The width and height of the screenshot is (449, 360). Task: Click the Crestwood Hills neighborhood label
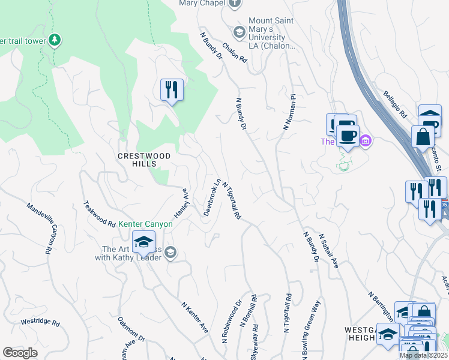[x=143, y=160]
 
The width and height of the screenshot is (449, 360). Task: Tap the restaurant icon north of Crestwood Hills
[x=172, y=90]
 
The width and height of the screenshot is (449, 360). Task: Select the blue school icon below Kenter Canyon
[x=143, y=242]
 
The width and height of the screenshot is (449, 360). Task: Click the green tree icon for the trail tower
[x=55, y=40]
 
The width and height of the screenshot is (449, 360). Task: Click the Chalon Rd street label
[x=235, y=51]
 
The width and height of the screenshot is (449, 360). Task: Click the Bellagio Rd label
[x=396, y=104]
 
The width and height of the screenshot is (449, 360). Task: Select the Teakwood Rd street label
[x=100, y=214]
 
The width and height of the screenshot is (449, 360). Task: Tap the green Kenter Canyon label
[x=145, y=224]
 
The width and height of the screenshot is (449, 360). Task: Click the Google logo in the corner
[x=20, y=353]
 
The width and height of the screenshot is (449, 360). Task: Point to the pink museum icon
[x=365, y=142]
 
